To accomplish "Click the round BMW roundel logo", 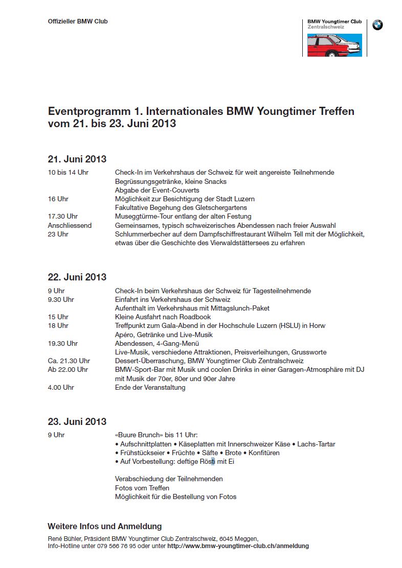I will click(377, 25).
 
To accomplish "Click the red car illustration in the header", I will click(334, 45).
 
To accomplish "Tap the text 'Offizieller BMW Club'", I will click(78, 21).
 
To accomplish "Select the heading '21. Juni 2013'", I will click(77, 159).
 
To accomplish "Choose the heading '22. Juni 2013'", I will click(77, 277).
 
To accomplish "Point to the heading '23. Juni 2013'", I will click(77, 421).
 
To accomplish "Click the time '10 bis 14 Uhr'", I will click(68, 173).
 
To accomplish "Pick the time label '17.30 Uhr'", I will click(63, 217).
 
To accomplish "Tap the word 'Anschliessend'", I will click(70, 225).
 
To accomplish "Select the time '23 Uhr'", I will click(58, 234).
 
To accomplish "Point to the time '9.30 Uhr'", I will click(61, 299).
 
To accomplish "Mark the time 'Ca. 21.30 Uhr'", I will click(69, 361).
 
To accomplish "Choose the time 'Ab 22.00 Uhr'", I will click(68, 369).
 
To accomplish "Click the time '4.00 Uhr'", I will click(61, 387).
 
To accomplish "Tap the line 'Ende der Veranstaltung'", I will click(150, 387).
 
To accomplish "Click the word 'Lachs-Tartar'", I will click(316, 444).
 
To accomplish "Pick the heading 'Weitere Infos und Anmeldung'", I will click(104, 526).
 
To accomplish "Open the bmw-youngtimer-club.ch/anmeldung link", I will click(238, 546).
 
